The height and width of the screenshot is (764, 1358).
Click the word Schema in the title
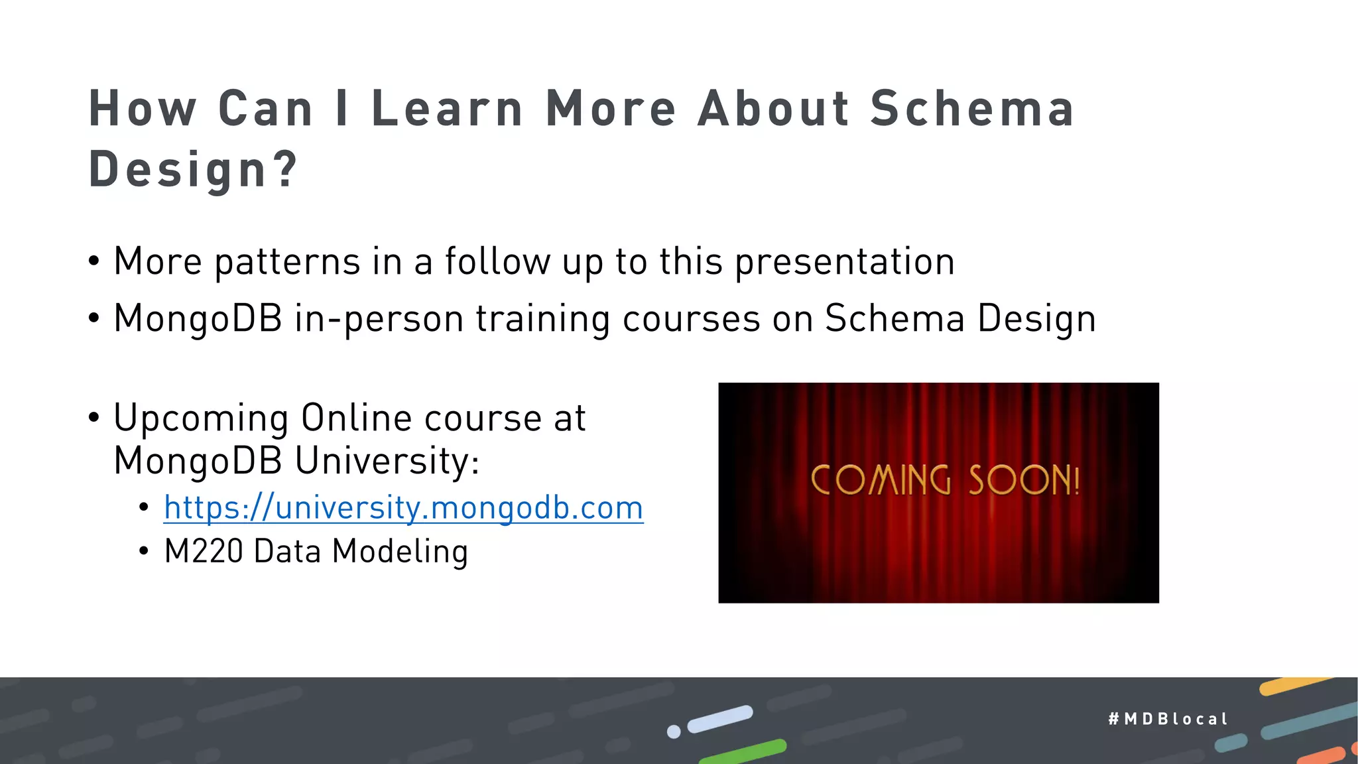[971, 109]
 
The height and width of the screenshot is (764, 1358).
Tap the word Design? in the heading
[193, 169]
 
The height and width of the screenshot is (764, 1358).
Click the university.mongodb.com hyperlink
[403, 508]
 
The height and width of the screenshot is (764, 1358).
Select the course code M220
[204, 551]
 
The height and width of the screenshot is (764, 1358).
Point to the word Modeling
[400, 552]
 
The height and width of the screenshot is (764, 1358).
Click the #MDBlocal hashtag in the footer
[1168, 719]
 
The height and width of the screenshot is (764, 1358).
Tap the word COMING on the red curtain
[881, 480]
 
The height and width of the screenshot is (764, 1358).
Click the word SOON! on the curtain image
[1024, 480]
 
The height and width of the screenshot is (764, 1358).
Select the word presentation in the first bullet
[845, 261]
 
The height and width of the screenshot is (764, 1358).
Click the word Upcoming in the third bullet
[201, 418]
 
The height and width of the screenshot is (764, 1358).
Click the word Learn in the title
[447, 109]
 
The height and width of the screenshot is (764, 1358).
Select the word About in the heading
[773, 109]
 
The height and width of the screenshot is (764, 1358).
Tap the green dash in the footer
[743, 751]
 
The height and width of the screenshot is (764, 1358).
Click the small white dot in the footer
[674, 732]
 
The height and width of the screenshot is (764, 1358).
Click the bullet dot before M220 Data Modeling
[144, 552]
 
